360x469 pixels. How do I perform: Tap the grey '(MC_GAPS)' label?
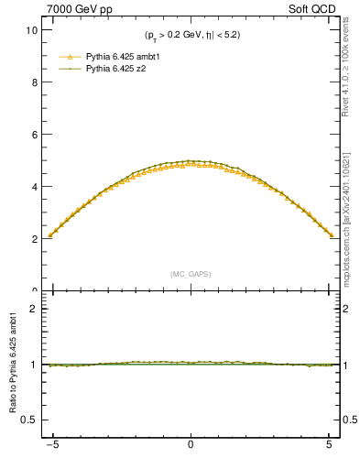[190, 274]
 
